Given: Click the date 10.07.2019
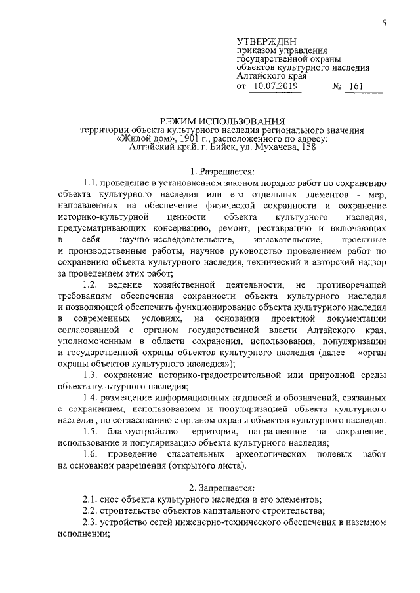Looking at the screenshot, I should (274, 86).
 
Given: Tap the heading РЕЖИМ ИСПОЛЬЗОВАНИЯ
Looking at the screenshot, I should (223, 121).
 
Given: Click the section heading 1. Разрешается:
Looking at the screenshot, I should (223, 172).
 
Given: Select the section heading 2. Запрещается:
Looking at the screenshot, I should (223, 487).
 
